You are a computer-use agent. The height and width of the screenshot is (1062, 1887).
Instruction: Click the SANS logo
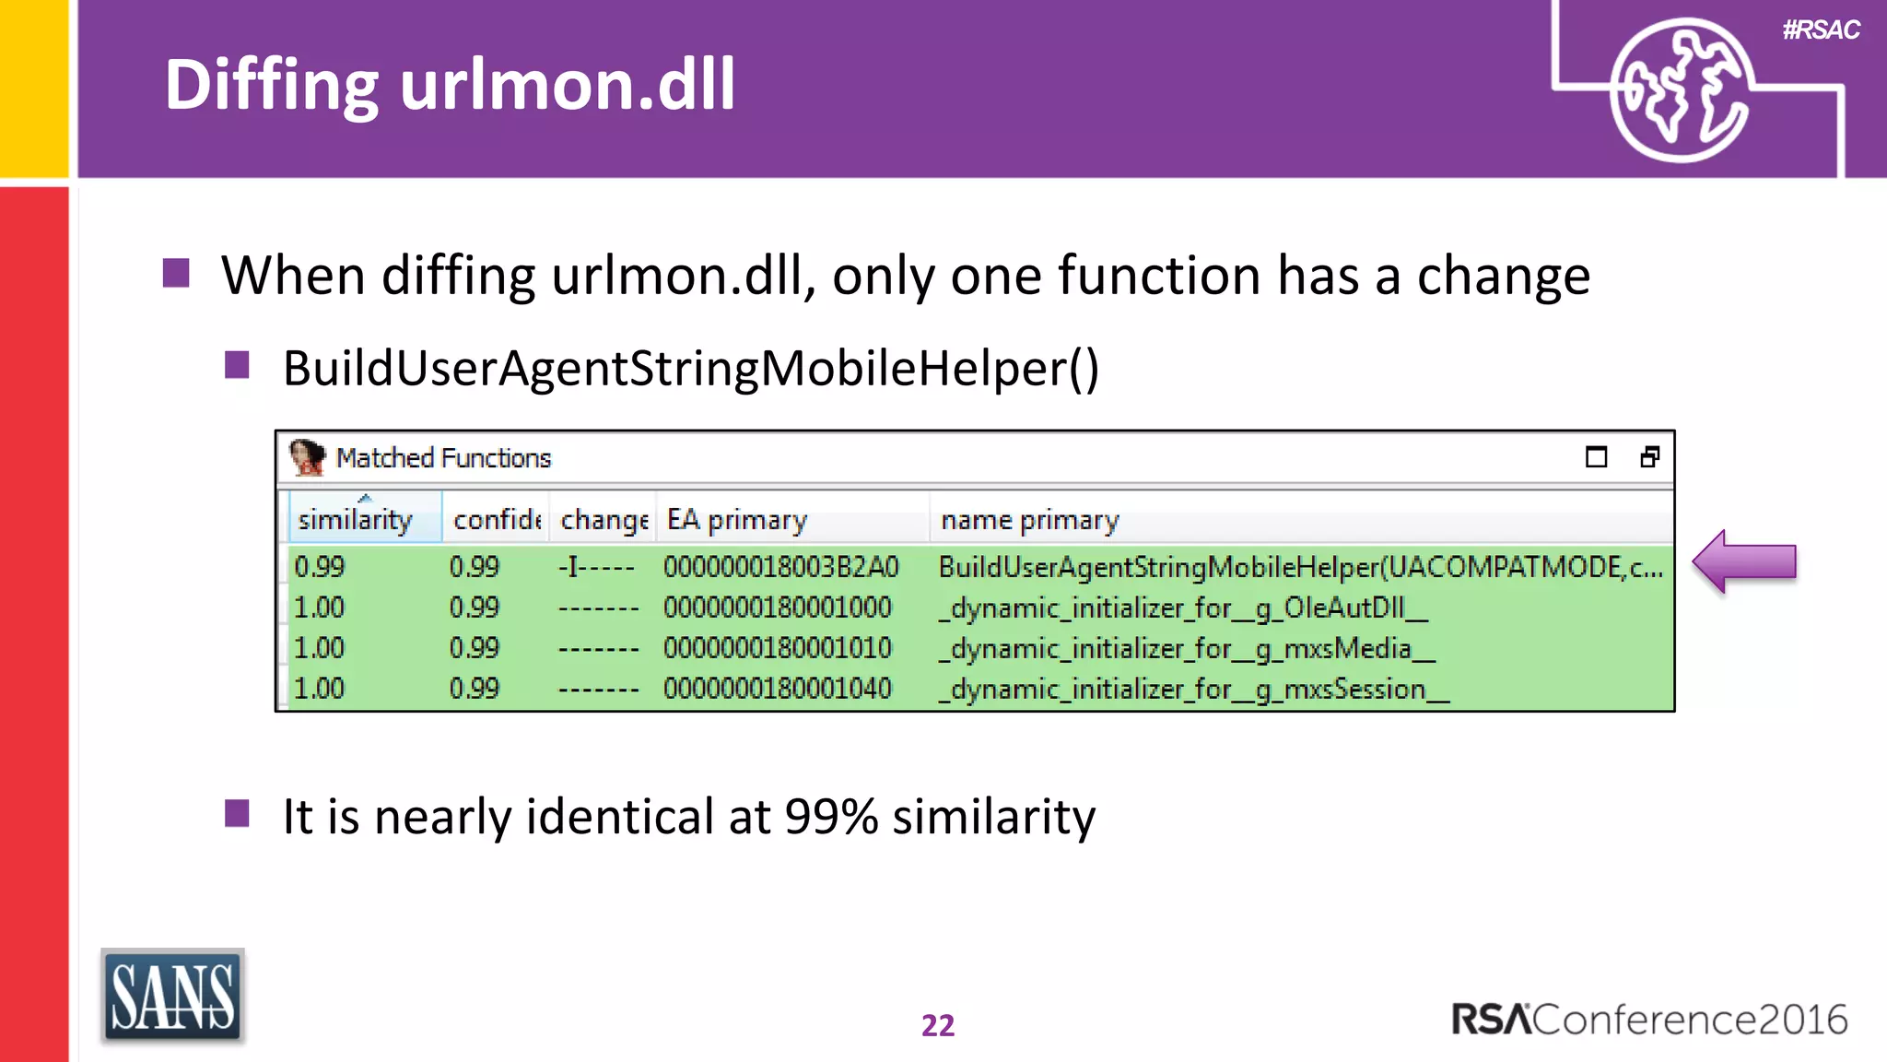tap(172, 997)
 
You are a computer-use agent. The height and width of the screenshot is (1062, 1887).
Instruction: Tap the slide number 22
tap(938, 1025)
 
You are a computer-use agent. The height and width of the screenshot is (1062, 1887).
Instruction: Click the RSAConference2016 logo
tap(1649, 1020)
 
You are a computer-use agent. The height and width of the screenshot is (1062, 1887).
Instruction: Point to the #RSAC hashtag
tap(1821, 30)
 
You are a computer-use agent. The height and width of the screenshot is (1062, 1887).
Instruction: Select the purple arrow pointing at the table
tap(1744, 561)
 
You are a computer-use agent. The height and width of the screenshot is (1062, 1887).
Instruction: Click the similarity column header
tap(356, 520)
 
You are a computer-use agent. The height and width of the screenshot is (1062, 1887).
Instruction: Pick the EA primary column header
tap(737, 520)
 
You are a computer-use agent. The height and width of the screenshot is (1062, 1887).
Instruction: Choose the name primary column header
tap(1029, 520)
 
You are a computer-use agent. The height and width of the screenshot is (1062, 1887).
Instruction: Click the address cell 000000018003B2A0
tap(780, 567)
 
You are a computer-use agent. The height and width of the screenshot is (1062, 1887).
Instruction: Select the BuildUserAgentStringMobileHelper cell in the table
tap(1300, 567)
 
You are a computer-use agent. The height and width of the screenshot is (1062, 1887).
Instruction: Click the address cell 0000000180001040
tap(778, 689)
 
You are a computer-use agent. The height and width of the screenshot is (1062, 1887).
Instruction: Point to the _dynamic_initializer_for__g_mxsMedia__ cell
tap(1187, 648)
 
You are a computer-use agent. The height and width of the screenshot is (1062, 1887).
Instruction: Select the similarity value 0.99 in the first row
tap(320, 567)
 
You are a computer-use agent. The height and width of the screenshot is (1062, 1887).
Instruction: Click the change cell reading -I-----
tap(596, 567)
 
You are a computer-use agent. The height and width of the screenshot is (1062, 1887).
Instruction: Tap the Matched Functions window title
tap(443, 458)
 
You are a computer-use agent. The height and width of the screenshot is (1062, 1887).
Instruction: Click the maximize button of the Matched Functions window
tap(1596, 457)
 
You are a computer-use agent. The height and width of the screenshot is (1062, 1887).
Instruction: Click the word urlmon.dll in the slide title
tap(568, 85)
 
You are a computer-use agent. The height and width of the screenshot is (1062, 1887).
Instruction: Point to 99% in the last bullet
tap(831, 817)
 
